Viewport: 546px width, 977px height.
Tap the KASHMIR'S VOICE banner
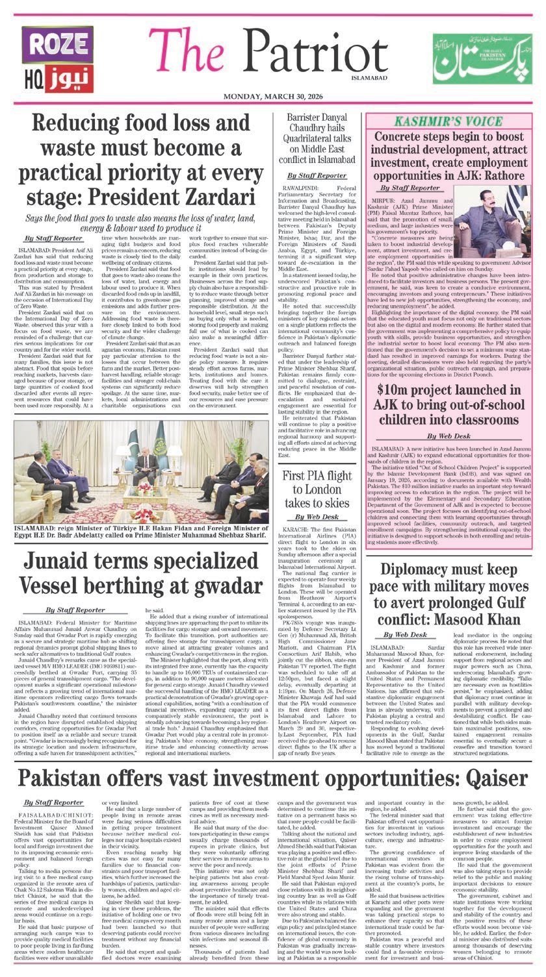pyautogui.click(x=450, y=122)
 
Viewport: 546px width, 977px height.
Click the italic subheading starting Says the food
pyautogui.click(x=143, y=224)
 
